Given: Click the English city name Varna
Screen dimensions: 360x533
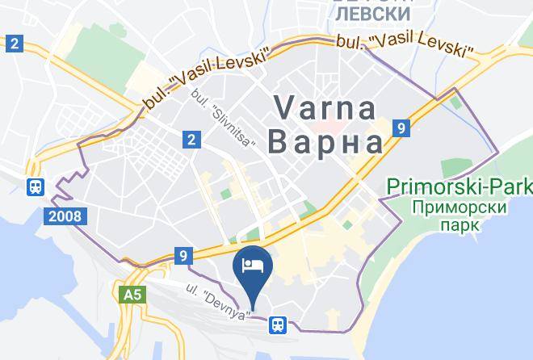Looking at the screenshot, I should tap(326, 108).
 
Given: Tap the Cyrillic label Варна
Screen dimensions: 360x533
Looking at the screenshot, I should tap(325, 143).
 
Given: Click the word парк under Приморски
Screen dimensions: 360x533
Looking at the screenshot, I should tap(460, 224).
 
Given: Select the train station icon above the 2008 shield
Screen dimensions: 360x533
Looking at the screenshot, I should tap(36, 186).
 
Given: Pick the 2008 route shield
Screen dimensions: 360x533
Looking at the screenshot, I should tap(63, 216).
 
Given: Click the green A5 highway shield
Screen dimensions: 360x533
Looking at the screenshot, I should tap(132, 294).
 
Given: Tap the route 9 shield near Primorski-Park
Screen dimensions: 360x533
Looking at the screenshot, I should tap(401, 127).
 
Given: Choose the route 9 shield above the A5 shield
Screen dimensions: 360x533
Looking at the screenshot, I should tap(184, 257).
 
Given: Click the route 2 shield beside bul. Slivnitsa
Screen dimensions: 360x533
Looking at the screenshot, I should tap(191, 140).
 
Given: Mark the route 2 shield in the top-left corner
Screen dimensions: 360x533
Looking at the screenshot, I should tap(13, 43).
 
